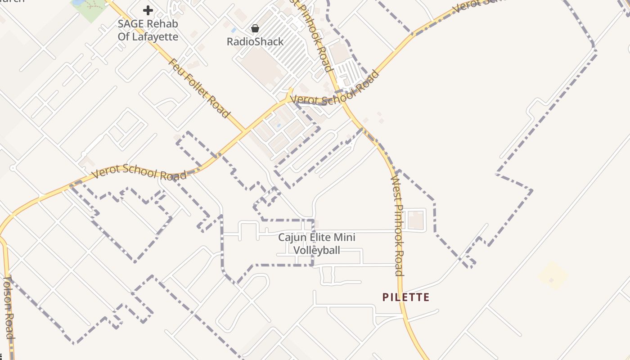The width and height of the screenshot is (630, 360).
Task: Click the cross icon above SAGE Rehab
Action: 148,10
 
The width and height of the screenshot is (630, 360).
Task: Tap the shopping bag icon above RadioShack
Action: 255,29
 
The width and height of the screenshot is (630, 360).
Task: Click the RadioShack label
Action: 255,42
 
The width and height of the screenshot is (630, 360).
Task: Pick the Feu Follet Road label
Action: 199,88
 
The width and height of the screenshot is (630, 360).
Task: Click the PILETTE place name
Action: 406,297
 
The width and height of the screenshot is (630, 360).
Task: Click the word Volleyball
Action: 317,250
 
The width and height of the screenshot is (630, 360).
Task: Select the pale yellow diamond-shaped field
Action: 553,275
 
